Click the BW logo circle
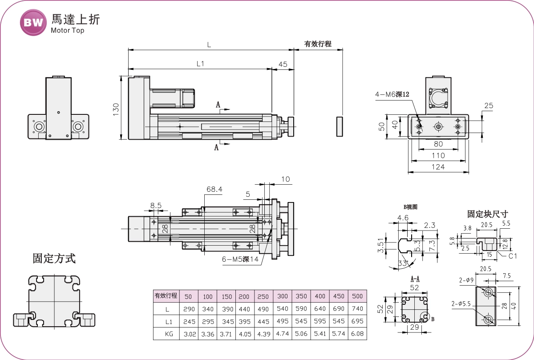pyautogui.click(x=33, y=22)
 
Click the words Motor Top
pyautogui.click(x=67, y=31)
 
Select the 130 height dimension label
pyautogui.click(x=116, y=109)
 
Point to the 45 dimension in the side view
pyautogui.click(x=283, y=64)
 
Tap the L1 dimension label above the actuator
pyautogui.click(x=200, y=64)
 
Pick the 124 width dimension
pyautogui.click(x=438, y=167)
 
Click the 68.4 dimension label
pyautogui.click(x=214, y=190)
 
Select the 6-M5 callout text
pyautogui.click(x=240, y=259)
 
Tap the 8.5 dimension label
pyautogui.click(x=156, y=206)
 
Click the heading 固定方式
pyautogui.click(x=54, y=259)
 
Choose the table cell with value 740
pyautogui.click(x=357, y=308)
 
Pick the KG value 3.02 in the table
pyautogui.click(x=188, y=333)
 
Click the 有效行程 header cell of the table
pyautogui.click(x=166, y=296)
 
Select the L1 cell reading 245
pyautogui.click(x=188, y=321)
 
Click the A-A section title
pyautogui.click(x=415, y=279)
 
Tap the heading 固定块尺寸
pyautogui.click(x=487, y=214)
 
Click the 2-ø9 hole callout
pyautogui.click(x=466, y=280)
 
